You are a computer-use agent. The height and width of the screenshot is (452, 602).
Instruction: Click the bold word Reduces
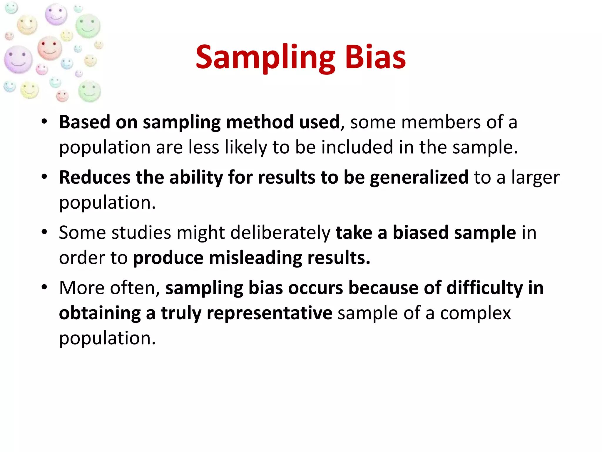tap(95, 177)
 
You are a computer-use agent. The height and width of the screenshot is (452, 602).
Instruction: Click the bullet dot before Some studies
tap(44, 232)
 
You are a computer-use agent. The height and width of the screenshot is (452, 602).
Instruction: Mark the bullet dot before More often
tap(44, 287)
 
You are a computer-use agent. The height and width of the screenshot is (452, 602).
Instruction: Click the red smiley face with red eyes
tap(49, 48)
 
